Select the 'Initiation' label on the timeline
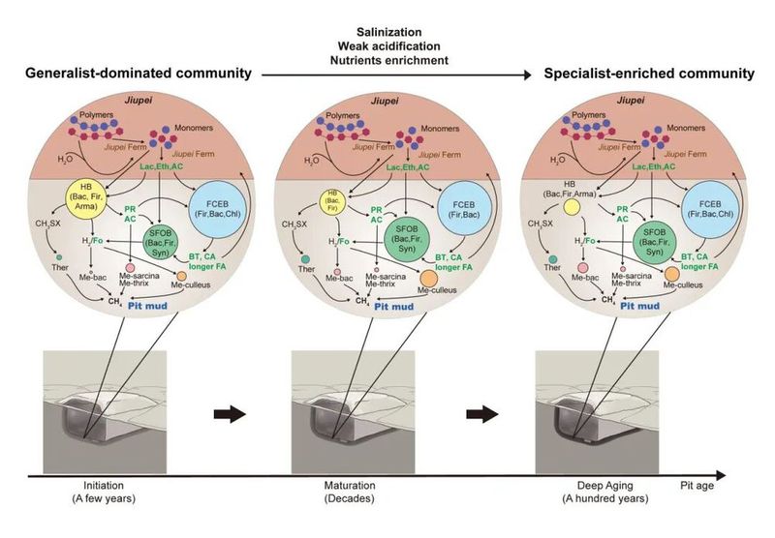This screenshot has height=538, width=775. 102,487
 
